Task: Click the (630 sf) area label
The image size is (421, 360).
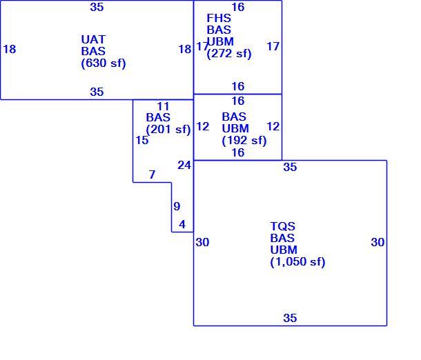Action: coord(104,63)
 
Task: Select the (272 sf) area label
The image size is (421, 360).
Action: coord(229,53)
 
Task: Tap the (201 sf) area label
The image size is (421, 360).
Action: coord(168,129)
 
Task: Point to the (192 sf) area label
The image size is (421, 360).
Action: coord(244,141)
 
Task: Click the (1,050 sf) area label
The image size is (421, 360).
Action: coord(297,262)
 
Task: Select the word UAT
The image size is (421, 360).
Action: coord(93,39)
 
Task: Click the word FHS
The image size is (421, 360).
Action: coord(219,18)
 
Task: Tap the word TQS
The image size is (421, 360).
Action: coord(283,226)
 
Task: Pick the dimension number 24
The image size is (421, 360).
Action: coord(184,166)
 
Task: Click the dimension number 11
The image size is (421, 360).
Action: coord(163,106)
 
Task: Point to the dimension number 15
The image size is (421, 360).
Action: coord(142,140)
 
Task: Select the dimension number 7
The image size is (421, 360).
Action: coord(153,174)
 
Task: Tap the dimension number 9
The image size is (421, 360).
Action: coord(177,207)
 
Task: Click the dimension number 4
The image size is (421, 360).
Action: coord(182,224)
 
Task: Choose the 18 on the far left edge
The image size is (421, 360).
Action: coord(10,50)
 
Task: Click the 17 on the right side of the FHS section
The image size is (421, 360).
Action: coord(273,46)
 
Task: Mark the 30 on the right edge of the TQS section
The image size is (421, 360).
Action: coord(378,243)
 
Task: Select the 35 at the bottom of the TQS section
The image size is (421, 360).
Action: coord(290,318)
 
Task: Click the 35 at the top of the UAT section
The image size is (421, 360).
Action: coord(97,8)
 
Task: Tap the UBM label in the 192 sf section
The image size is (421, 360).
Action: coord(235,129)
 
